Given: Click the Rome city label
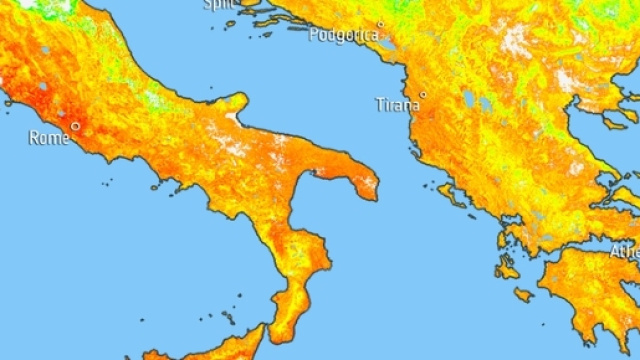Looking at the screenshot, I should coord(49,138).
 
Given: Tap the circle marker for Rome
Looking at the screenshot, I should coord(75,126).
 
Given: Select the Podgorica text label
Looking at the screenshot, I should coord(344,35).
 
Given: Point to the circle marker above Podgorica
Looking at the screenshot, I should coord(380,23).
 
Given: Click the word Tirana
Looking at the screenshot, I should coord(396,104).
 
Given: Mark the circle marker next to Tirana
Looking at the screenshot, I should coord(423,95).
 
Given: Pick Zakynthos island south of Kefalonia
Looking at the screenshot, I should coord(522,294).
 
